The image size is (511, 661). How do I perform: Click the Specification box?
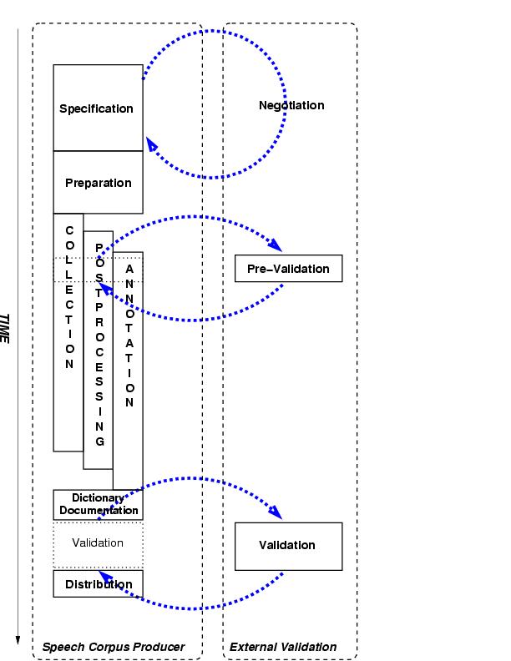coord(98,108)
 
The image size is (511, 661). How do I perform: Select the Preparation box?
coord(98,183)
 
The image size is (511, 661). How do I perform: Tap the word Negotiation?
coord(291,105)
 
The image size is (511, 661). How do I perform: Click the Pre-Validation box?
coord(288,269)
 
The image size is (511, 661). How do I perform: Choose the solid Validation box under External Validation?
coord(288,546)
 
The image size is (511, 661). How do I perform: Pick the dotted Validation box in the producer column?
coord(98,543)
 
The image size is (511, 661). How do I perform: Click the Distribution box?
coord(98,584)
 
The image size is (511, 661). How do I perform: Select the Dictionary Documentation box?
coord(98,504)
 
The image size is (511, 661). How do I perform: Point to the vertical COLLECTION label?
coord(69,297)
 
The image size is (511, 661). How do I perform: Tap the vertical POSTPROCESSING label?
coord(99,344)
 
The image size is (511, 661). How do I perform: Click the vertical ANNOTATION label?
coord(129,336)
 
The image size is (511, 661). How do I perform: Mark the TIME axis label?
coord(5,329)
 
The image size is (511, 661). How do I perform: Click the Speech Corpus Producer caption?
coord(113,647)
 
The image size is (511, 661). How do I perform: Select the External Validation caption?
coord(283,647)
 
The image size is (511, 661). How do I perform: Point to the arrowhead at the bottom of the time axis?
coord(18,640)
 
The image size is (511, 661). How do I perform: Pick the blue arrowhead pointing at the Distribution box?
coord(104,575)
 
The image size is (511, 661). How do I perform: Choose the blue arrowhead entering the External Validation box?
coord(276,512)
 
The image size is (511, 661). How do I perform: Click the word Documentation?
coord(99,510)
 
